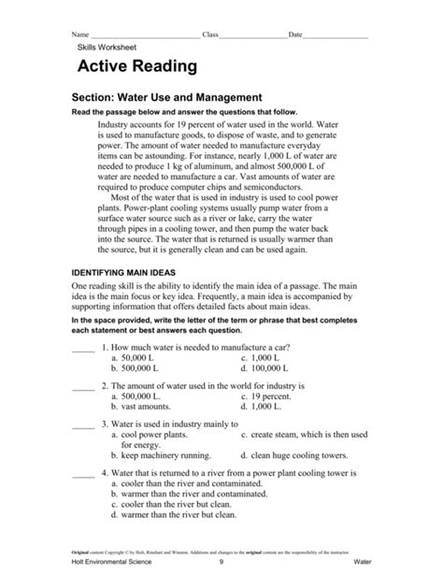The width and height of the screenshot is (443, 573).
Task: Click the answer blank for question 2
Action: pyautogui.click(x=83, y=384)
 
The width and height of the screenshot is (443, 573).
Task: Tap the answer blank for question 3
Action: pyautogui.click(x=83, y=422)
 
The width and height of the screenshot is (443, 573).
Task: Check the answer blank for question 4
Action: pyautogui.click(x=83, y=474)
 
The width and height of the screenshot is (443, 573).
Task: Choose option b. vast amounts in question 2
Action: pyautogui.click(x=140, y=407)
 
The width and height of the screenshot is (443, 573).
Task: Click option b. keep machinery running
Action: pyautogui.click(x=161, y=455)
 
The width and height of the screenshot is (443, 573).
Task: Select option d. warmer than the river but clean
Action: pyautogui.click(x=182, y=513)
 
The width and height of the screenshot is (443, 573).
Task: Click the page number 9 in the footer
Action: pyautogui.click(x=221, y=564)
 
